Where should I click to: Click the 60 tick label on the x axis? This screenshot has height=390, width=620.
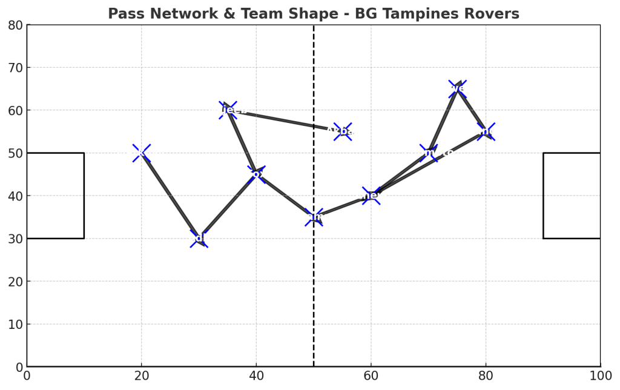coord(371,376)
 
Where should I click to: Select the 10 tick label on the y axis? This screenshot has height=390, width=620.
coord(15,324)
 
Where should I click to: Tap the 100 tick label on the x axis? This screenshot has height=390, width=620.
coord(600,376)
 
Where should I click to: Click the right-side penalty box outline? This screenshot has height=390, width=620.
coord(544,196)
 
